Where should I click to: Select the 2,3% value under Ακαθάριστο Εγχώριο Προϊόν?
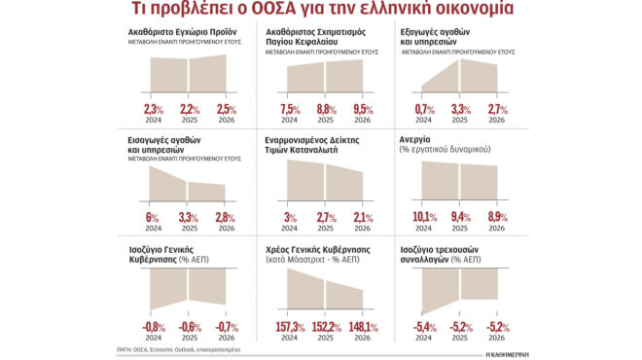pos(154,108)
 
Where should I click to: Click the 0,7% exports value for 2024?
pos(424,108)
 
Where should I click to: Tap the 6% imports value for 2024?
pos(151,217)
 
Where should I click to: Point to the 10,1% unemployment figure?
pos(424,217)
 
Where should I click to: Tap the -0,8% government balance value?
pos(154,326)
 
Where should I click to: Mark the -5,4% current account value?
pos(424,326)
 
